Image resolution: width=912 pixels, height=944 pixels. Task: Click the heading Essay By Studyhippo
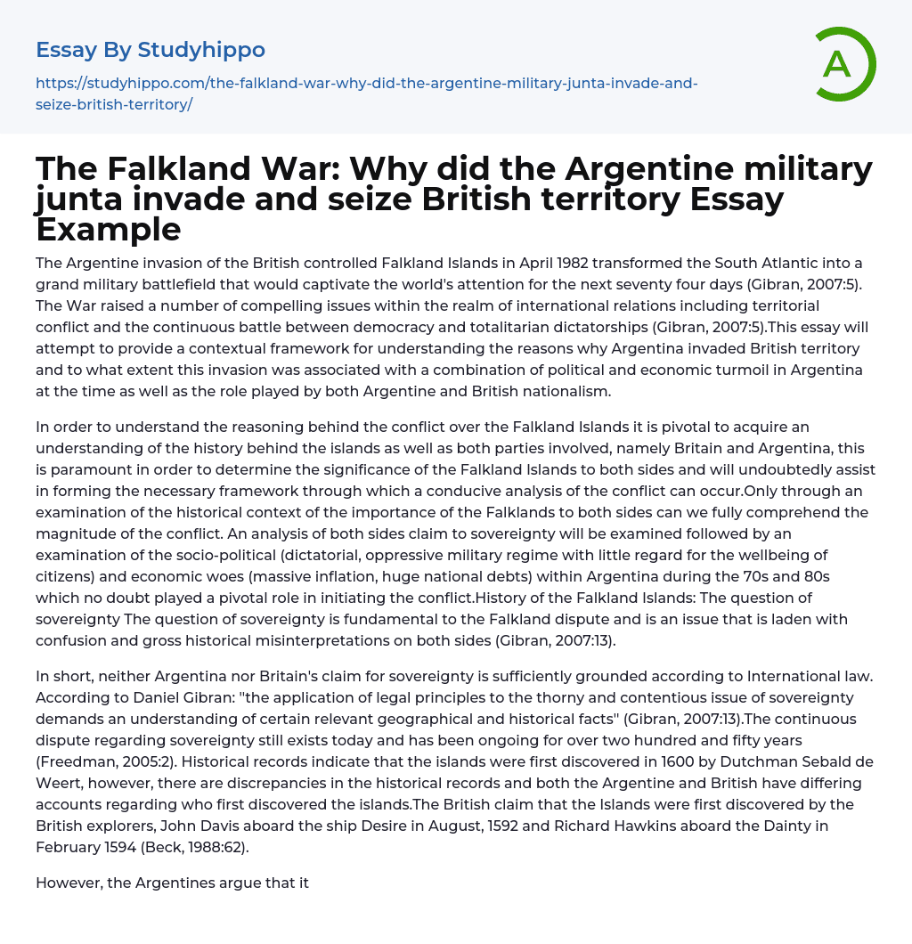click(x=151, y=50)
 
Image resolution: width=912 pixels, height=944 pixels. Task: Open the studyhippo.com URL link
click(x=366, y=94)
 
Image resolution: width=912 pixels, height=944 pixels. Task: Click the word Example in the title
click(x=109, y=229)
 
